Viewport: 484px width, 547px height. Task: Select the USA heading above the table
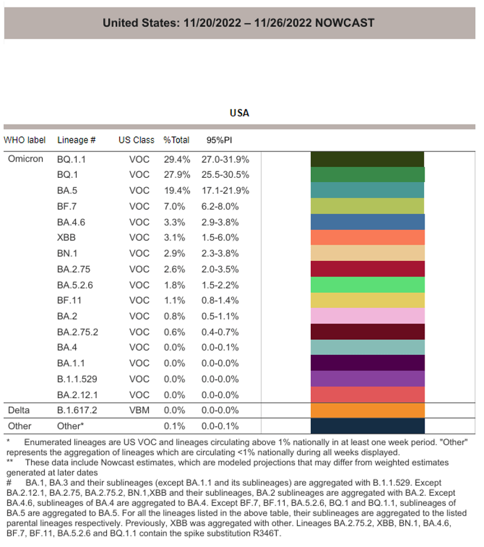[x=239, y=113]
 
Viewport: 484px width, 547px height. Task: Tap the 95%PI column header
[x=219, y=140]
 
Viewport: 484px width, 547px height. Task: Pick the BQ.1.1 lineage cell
[x=71, y=159]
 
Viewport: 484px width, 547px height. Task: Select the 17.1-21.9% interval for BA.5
[x=225, y=190]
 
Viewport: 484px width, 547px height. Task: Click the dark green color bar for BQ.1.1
[x=368, y=159]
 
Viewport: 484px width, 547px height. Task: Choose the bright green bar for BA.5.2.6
[x=368, y=285]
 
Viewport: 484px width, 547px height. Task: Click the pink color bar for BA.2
[x=368, y=316]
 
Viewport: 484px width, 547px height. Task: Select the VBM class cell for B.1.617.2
[x=139, y=411]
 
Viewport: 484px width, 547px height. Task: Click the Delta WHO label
[x=19, y=411]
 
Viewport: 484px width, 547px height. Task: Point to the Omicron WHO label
[x=26, y=159]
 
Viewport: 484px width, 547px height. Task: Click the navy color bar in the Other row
[x=368, y=426]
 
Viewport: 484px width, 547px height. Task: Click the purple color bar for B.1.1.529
[x=368, y=379]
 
